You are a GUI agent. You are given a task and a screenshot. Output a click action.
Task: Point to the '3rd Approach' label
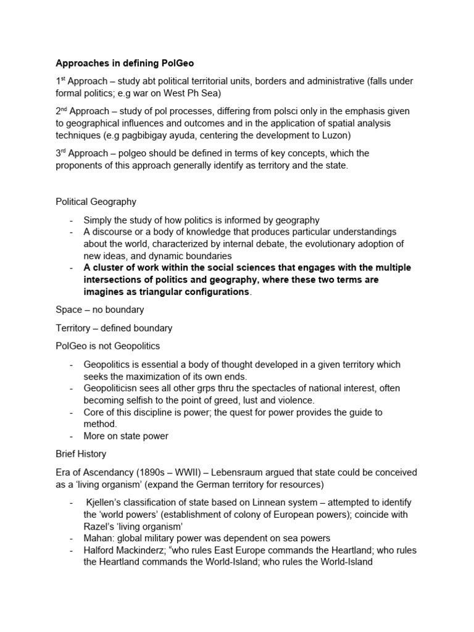tap(81, 153)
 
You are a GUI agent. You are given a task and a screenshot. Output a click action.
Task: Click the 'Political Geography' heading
tap(96, 201)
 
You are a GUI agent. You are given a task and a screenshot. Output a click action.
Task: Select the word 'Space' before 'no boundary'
tap(69, 310)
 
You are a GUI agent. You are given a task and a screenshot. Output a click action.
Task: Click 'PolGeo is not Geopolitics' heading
tap(108, 346)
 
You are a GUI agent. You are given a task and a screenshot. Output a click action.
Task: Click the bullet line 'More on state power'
tap(126, 436)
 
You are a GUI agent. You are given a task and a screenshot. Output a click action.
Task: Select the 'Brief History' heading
tap(81, 454)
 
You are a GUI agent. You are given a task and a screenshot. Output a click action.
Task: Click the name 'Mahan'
tap(98, 538)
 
